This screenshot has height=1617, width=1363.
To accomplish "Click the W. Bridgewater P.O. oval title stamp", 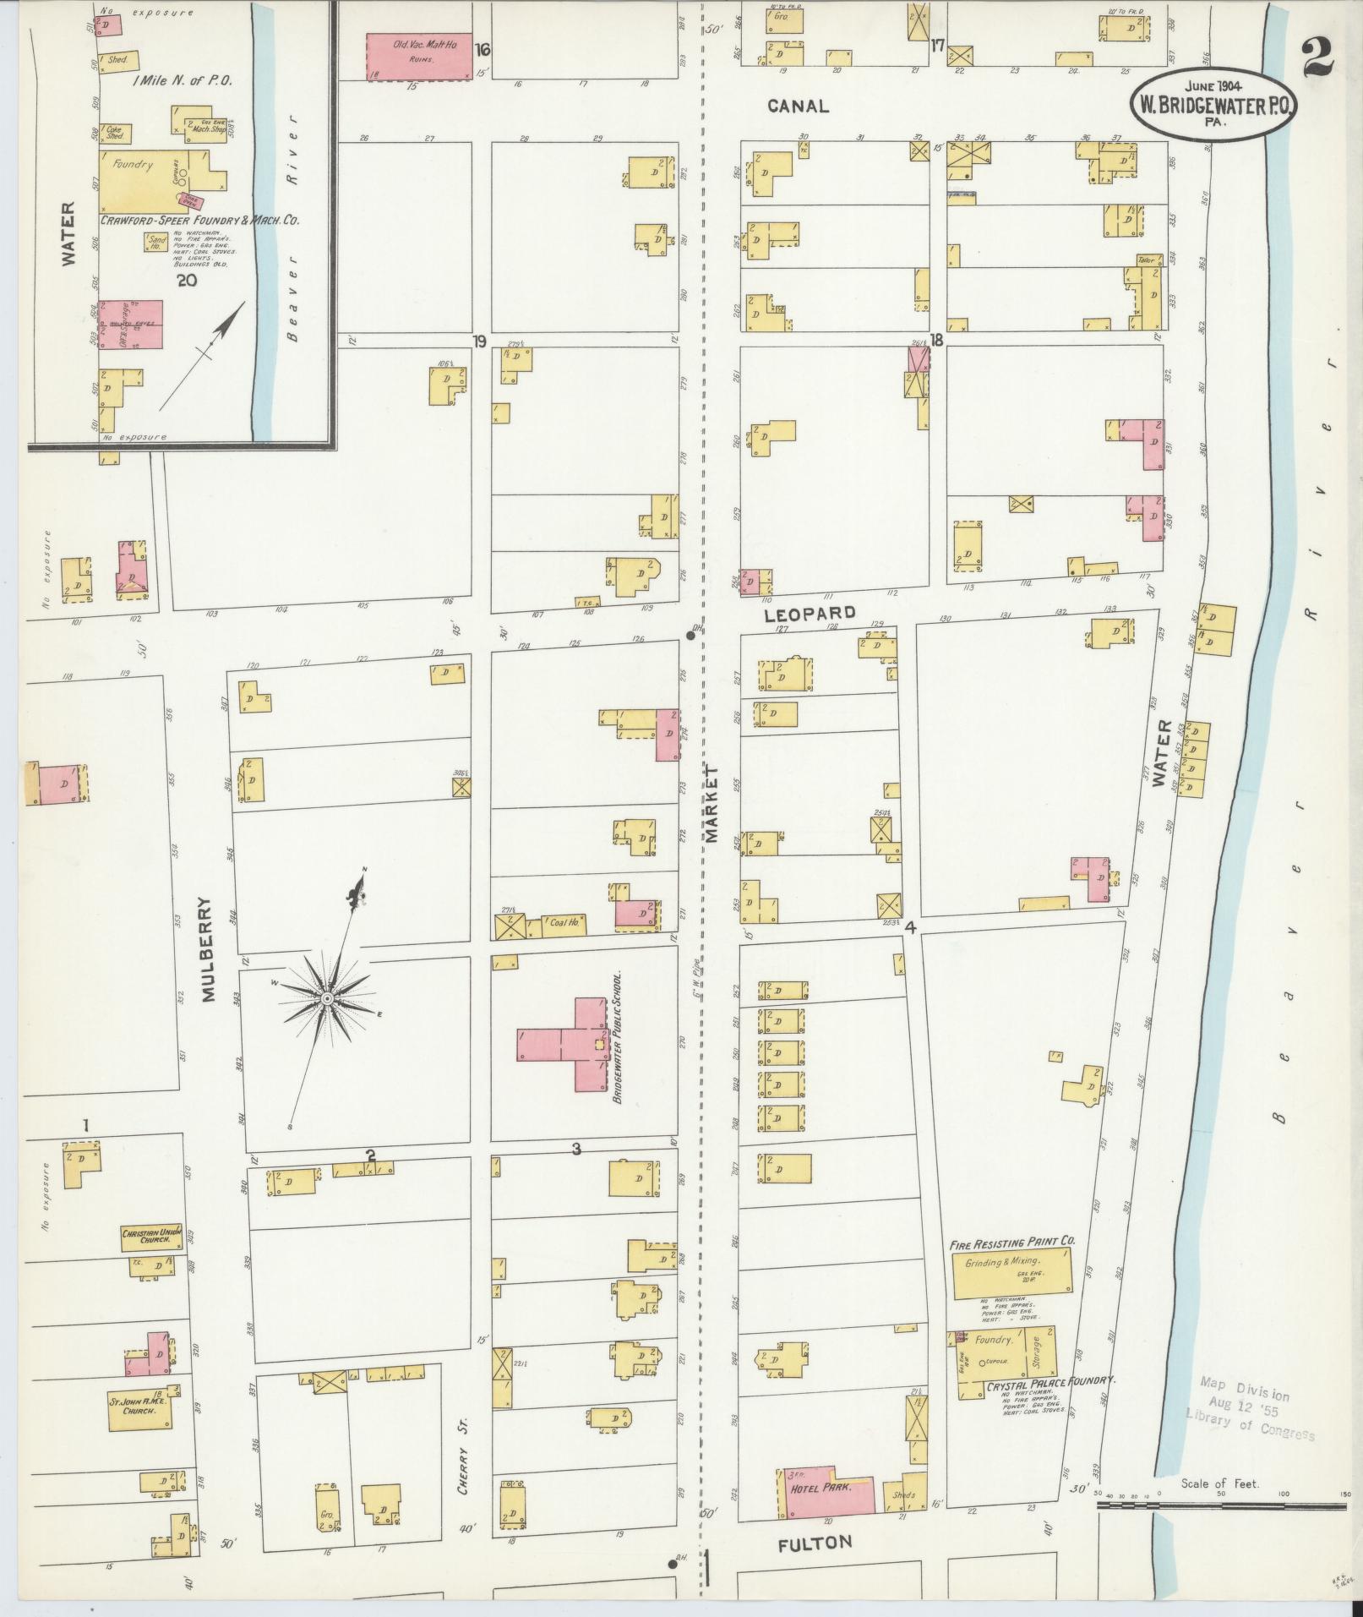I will (x=1213, y=104).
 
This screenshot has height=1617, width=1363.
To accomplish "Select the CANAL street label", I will (x=798, y=107).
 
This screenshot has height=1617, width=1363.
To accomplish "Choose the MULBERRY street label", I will (x=210, y=950).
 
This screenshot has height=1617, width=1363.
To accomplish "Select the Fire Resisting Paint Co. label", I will (x=1011, y=1242).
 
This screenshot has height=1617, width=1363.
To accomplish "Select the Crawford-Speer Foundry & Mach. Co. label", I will (x=200, y=220).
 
